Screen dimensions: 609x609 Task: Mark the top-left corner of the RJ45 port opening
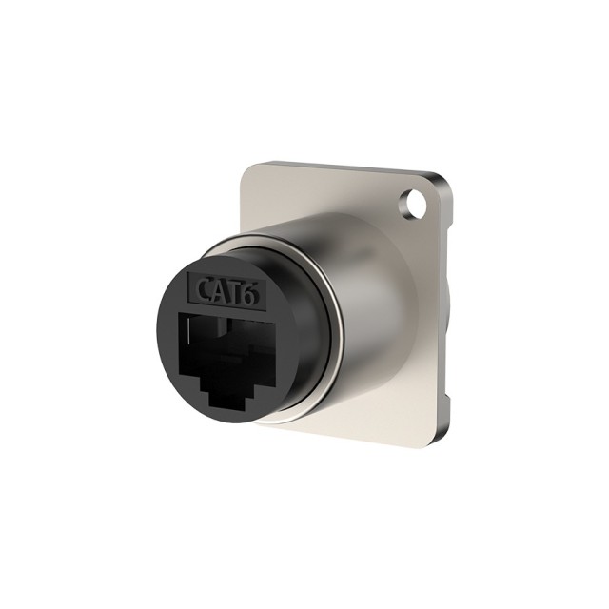[178, 313]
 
